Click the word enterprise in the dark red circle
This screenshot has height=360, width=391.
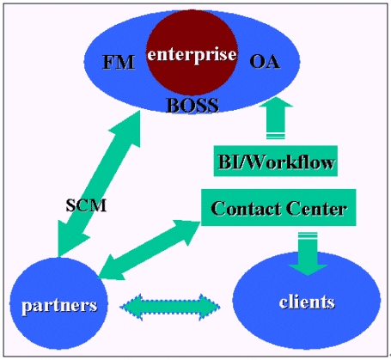point(192,54)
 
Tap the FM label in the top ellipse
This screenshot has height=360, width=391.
point(119,62)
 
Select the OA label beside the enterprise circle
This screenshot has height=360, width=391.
point(265,62)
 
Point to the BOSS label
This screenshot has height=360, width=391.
point(192,105)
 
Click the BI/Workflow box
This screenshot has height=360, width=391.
point(276,161)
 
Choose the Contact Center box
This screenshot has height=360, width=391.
point(278,207)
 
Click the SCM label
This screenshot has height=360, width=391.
point(86,205)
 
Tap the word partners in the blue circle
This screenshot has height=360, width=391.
point(59,306)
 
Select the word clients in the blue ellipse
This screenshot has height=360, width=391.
point(307,302)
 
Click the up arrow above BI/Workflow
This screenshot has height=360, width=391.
point(276,118)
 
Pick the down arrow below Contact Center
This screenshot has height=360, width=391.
point(308,253)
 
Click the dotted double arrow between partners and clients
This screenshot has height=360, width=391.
point(170,307)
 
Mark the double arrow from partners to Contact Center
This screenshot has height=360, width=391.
point(149,250)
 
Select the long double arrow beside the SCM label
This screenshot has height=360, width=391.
point(99,183)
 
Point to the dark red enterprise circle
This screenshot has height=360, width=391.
point(192,53)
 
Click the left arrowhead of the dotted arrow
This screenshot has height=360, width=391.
point(131,307)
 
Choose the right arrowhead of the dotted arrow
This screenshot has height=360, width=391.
point(210,307)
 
